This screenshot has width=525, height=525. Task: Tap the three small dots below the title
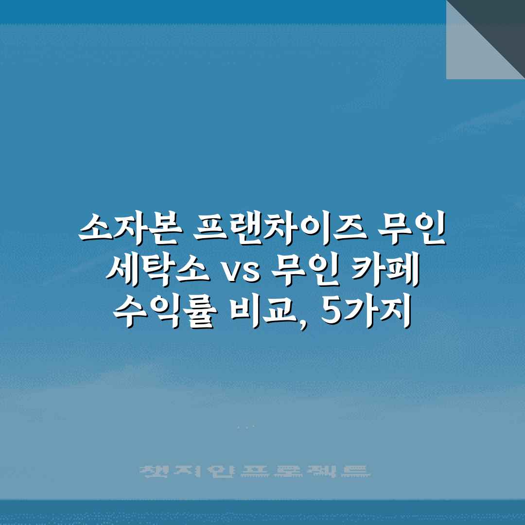(247, 427)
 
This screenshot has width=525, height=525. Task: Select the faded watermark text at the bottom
(253, 471)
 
